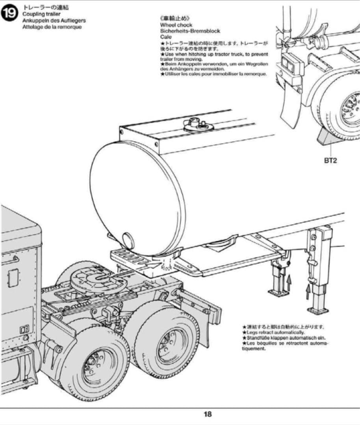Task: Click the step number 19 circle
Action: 9,13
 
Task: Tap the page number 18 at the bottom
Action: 208,414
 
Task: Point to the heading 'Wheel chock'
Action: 176,25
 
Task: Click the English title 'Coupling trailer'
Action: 41,14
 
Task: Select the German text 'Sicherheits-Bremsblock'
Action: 190,31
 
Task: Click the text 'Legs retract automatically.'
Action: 275,333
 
